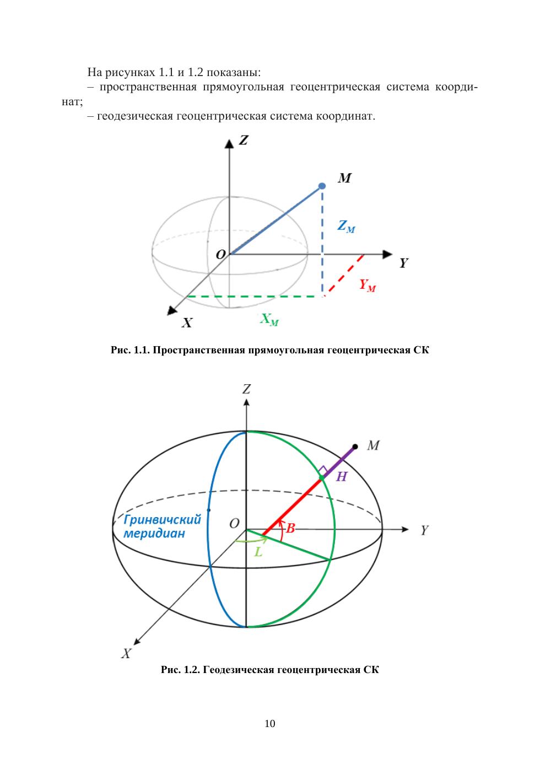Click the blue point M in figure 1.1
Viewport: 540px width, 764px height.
(322, 187)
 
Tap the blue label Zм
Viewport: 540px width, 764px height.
(346, 226)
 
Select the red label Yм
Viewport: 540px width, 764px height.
(368, 285)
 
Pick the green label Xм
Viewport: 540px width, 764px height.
(269, 320)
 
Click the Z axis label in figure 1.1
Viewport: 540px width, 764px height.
(243, 141)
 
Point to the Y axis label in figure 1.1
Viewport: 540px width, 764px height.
(404, 263)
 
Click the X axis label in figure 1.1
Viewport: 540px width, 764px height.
(187, 323)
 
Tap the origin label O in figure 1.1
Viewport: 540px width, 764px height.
(220, 255)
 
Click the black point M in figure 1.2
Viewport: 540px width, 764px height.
(355, 446)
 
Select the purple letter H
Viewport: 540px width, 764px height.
(342, 477)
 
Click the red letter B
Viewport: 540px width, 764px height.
(290, 528)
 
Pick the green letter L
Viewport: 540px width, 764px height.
(258, 551)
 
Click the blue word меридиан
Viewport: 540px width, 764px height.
(154, 534)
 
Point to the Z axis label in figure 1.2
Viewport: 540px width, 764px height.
(246, 389)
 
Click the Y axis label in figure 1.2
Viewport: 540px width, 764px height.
(424, 530)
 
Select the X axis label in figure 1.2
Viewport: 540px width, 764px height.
(126, 654)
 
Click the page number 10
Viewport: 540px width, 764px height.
(270, 724)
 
